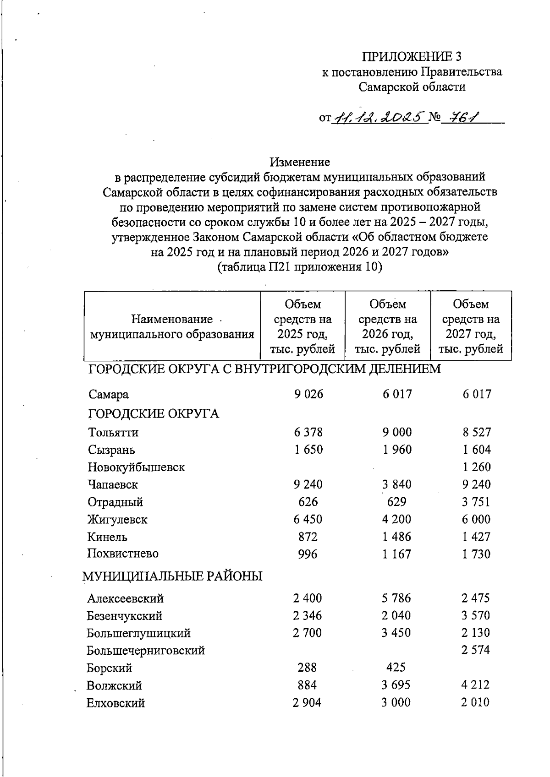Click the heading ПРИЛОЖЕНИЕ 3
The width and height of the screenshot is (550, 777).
pos(412,56)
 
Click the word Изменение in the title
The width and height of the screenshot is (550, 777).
pos(299,162)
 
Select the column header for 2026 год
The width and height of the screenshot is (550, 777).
pos(387,326)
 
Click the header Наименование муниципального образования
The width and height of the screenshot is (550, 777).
pos(172,326)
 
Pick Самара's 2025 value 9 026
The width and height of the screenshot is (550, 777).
pos(308,394)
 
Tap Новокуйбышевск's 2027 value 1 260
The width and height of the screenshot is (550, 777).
pos(476,467)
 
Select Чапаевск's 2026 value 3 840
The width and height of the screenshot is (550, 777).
pos(396,484)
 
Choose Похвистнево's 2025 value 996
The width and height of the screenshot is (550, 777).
pos(308,554)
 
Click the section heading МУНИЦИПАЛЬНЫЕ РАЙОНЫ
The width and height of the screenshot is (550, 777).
pos(172,576)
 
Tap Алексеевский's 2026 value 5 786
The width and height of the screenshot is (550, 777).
pos(396,598)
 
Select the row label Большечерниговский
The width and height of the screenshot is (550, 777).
pos(146,651)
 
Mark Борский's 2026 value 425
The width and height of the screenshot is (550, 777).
pos(396,668)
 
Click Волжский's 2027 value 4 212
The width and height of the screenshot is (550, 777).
pos(475,685)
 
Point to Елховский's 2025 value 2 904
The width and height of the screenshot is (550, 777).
pos(307,702)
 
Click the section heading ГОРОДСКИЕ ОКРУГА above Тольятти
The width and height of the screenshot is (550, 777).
pos(153,414)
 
